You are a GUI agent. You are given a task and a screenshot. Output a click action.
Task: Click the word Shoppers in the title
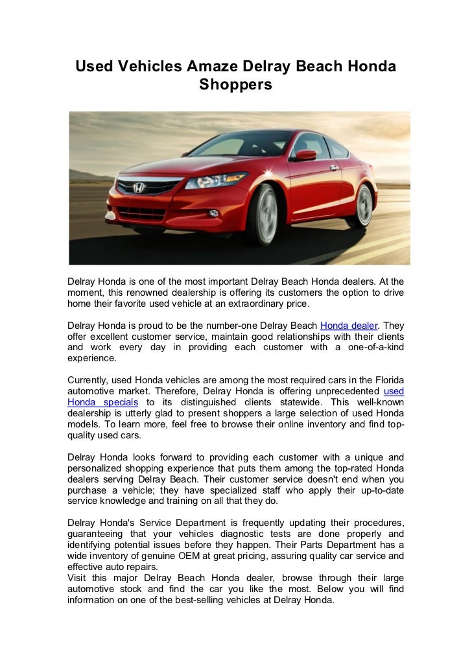(x=235, y=84)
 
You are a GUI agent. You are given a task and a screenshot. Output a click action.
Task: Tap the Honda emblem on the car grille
(x=138, y=188)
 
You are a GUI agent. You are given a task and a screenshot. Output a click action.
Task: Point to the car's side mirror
(x=305, y=155)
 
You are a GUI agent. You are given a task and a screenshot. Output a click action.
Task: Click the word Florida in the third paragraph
(x=385, y=380)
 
